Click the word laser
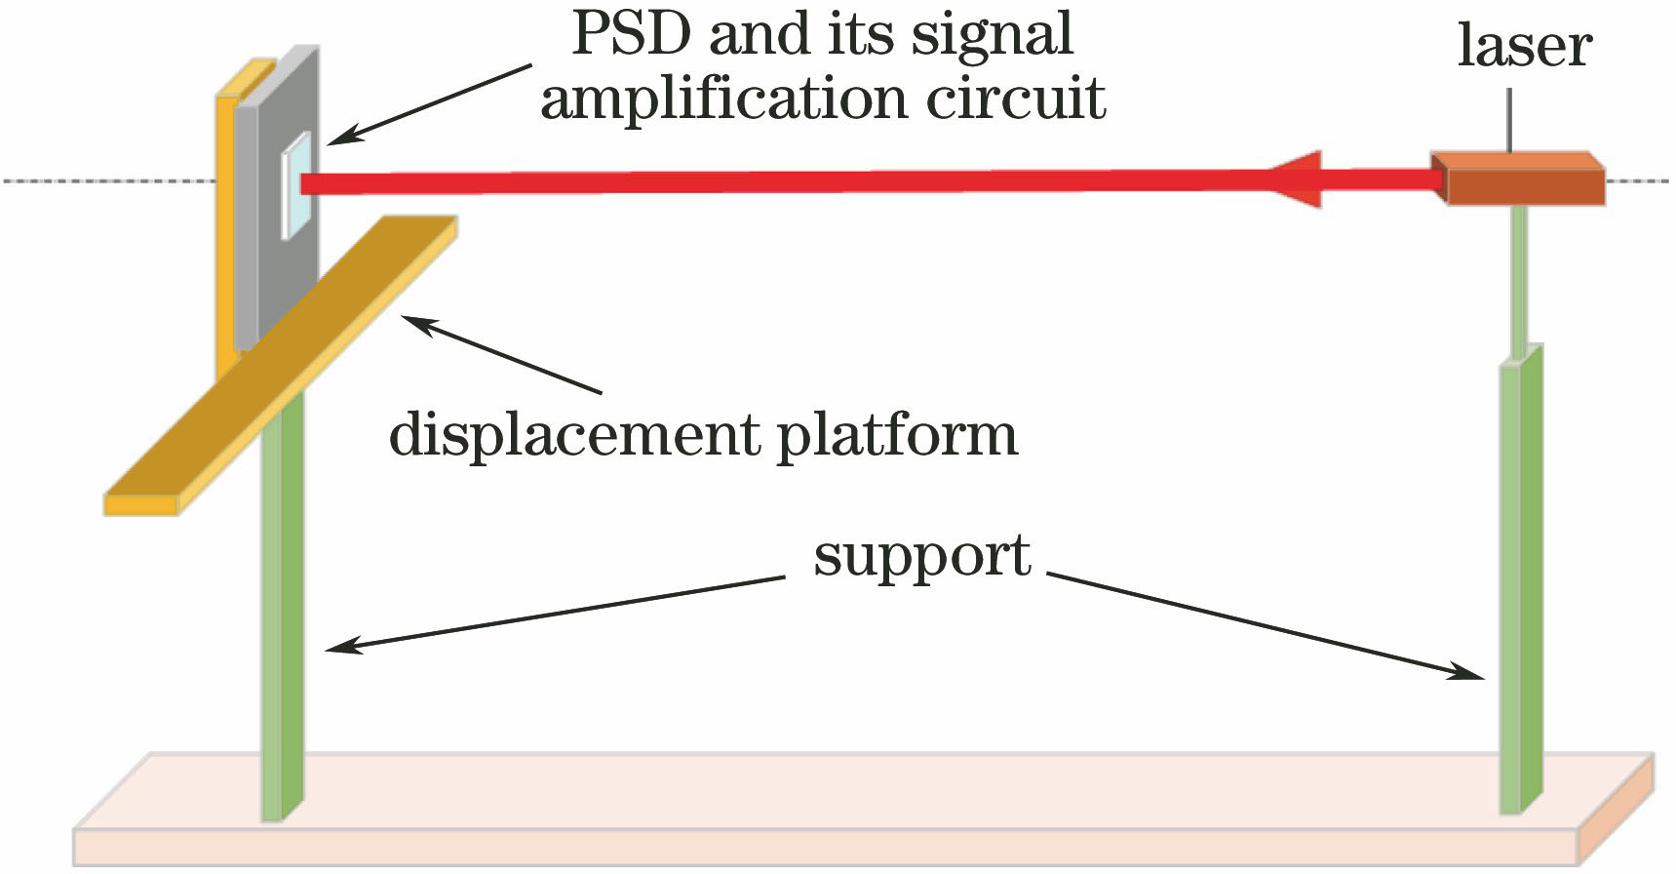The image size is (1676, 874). coord(1524,45)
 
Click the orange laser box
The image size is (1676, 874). coord(1521,179)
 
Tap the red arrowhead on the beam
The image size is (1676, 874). coord(1297,179)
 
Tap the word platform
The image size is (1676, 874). coord(896,436)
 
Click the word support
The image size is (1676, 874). coord(921,557)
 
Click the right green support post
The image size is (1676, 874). coord(1521,585)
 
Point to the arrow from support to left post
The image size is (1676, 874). coord(556,612)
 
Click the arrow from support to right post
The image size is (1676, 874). coord(1267,625)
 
